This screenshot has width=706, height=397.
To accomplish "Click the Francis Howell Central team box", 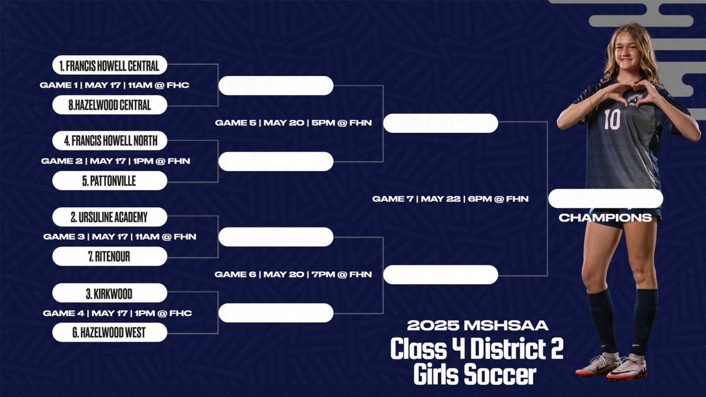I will (109, 65).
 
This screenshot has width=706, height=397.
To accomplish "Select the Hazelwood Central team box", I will (109, 105).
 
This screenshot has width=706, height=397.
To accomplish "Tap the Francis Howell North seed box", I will (109, 141).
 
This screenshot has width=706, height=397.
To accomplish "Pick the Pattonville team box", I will (109, 181).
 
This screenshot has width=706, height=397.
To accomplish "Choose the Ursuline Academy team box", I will (109, 217).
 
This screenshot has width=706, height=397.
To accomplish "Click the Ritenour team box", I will (109, 256).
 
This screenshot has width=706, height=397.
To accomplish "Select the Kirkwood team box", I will (109, 293).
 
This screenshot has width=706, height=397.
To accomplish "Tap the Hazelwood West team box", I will (109, 333).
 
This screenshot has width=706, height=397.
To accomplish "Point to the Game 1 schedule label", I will (114, 85).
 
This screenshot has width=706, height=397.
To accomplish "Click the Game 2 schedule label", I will (115, 161).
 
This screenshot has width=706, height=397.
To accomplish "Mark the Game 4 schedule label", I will (117, 313).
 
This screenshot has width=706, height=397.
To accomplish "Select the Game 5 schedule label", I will (293, 123).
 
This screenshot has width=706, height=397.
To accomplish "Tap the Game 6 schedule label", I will (293, 274).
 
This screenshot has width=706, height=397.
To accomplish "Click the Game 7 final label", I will (450, 199).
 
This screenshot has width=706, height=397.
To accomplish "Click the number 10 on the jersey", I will (612, 120).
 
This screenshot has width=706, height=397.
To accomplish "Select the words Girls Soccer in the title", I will (474, 374).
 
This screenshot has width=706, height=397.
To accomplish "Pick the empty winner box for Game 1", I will (275, 86).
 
